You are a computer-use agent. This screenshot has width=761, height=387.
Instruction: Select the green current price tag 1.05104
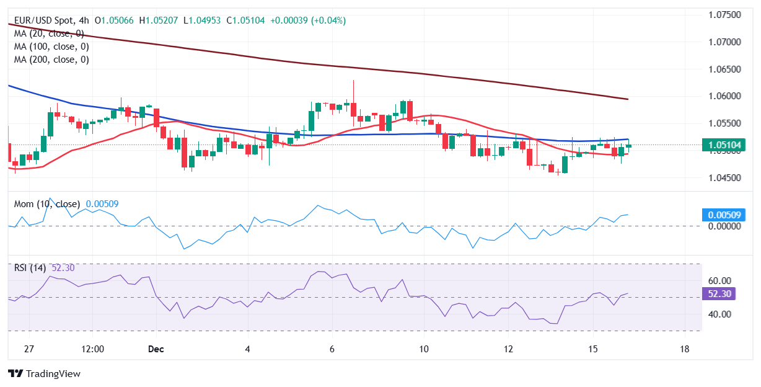point(724,146)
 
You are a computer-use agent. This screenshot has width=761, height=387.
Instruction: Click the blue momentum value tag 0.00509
point(724,215)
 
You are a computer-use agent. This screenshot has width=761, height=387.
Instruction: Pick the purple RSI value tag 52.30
point(718,294)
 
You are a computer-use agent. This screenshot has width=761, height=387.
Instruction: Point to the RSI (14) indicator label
point(31,268)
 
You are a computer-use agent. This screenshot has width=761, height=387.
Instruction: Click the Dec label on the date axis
point(156,349)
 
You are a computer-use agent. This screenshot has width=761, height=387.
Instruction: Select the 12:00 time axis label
point(92,349)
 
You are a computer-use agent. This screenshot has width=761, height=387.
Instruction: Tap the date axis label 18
point(685,349)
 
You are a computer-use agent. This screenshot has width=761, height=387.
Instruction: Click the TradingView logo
point(44,374)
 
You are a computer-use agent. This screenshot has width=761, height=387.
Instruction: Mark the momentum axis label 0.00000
point(724,226)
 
